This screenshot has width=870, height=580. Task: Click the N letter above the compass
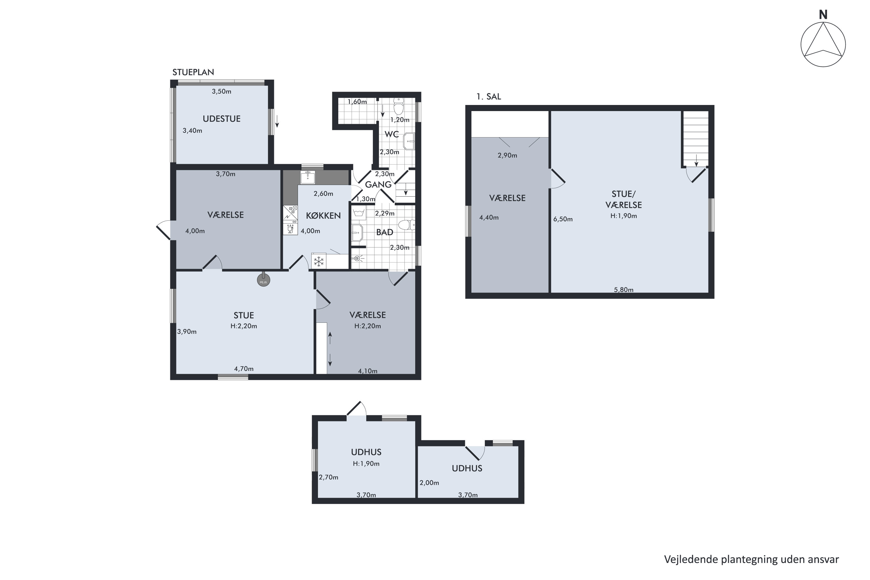(823, 15)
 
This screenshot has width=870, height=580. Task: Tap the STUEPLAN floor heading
(193, 72)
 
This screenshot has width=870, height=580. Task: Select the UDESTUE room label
(222, 119)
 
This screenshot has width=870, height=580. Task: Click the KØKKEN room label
(323, 216)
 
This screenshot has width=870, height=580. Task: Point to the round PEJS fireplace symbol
(263, 280)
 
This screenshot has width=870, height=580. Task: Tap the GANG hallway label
(378, 184)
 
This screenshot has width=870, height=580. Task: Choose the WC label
(391, 134)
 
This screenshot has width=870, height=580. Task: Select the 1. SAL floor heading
(489, 97)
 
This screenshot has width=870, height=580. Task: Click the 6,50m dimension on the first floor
(563, 219)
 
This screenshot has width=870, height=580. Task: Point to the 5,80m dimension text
(624, 290)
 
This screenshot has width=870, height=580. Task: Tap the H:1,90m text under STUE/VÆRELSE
(624, 216)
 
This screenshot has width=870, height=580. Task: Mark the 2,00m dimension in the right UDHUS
(429, 483)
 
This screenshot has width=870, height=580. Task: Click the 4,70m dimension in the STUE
(244, 369)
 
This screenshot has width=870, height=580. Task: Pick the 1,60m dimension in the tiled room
(357, 102)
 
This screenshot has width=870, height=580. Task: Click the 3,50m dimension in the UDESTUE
(222, 91)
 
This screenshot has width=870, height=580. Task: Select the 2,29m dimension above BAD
(385, 213)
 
